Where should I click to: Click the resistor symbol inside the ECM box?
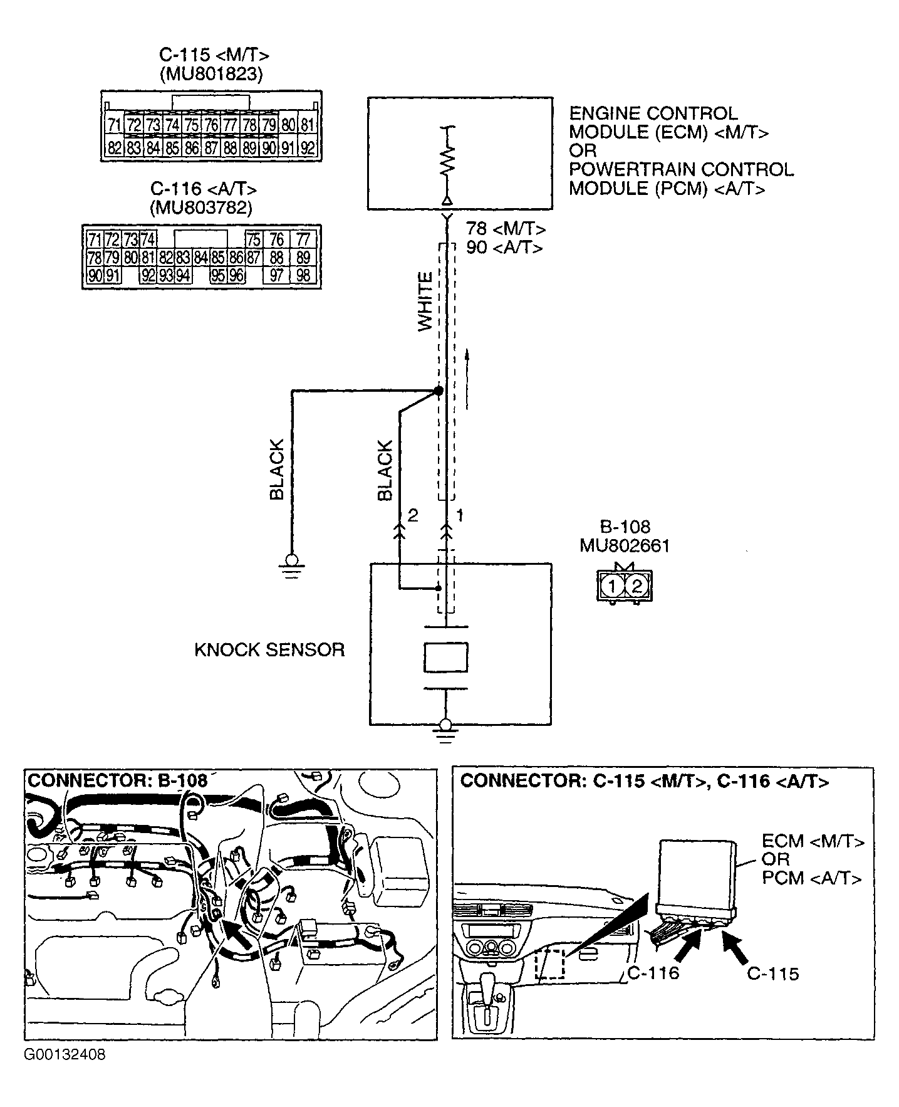pyautogui.click(x=447, y=161)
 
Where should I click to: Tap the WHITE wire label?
pyautogui.click(x=425, y=302)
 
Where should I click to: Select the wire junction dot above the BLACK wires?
pyautogui.click(x=439, y=391)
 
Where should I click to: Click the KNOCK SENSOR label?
pyautogui.click(x=269, y=649)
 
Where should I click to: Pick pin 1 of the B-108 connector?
pyautogui.click(x=610, y=586)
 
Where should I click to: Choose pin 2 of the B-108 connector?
pyautogui.click(x=637, y=586)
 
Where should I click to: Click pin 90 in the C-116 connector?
pyautogui.click(x=95, y=276)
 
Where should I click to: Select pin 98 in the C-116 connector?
pyautogui.click(x=303, y=276)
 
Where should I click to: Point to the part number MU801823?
pyautogui.click(x=210, y=75)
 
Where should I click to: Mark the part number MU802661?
pyautogui.click(x=624, y=546)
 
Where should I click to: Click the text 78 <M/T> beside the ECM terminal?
pyautogui.click(x=505, y=229)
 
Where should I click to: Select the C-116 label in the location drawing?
pyautogui.click(x=653, y=973)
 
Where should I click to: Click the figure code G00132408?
pyautogui.click(x=65, y=1055)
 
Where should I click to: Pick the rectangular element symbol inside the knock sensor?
pyautogui.click(x=445, y=657)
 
